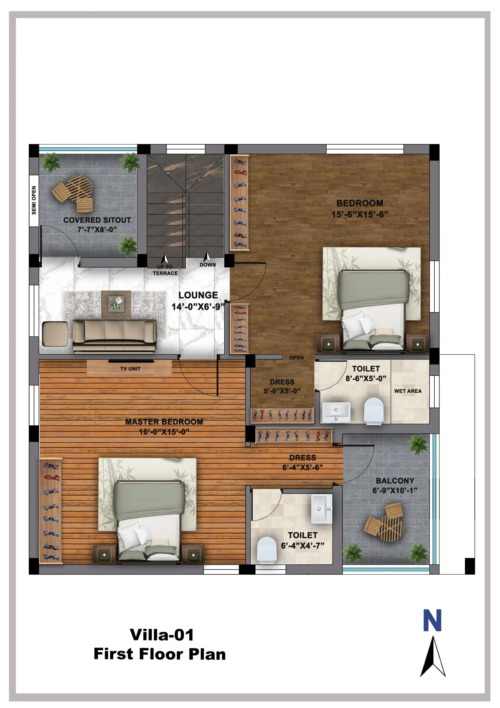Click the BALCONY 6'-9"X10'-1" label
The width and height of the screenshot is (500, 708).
395,485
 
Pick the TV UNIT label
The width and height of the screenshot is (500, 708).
130,368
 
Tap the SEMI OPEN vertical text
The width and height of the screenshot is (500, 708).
34,200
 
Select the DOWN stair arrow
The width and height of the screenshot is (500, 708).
207,257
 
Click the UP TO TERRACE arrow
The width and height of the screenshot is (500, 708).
165,258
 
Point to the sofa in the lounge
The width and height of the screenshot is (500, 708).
115,336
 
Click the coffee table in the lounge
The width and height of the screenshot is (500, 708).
116,304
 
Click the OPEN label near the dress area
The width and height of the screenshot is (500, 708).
296,358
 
